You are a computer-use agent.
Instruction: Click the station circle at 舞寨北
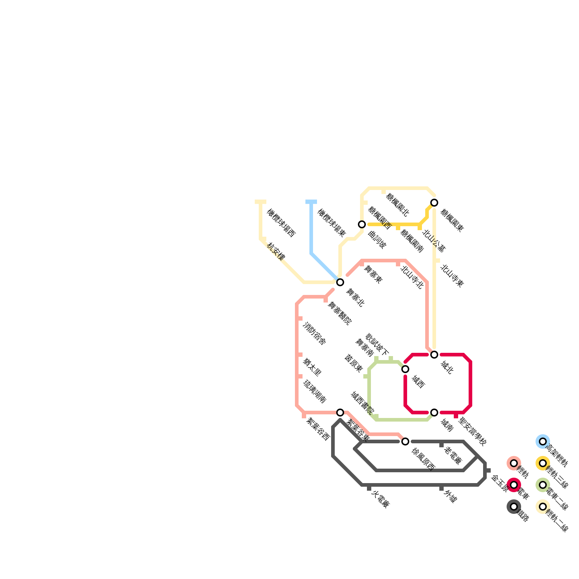coord(340,282)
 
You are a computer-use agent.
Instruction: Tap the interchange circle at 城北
coord(434,355)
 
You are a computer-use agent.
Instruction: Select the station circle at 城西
coord(405,369)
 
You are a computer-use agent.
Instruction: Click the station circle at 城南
coord(434,413)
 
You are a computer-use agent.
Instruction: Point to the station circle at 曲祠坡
coord(362,224)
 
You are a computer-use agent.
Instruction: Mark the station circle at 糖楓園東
coord(434,203)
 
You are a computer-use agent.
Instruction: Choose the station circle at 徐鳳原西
coord(405,441)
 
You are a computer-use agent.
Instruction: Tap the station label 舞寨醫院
coord(339,313)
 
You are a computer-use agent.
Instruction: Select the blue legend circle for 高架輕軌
coord(543,441)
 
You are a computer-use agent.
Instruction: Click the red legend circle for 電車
coord(514,485)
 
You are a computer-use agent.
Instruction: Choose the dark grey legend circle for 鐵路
coord(514,507)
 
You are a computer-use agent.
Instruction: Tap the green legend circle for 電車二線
coord(543,485)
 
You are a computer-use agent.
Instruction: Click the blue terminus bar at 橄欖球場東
coord(311,202)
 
